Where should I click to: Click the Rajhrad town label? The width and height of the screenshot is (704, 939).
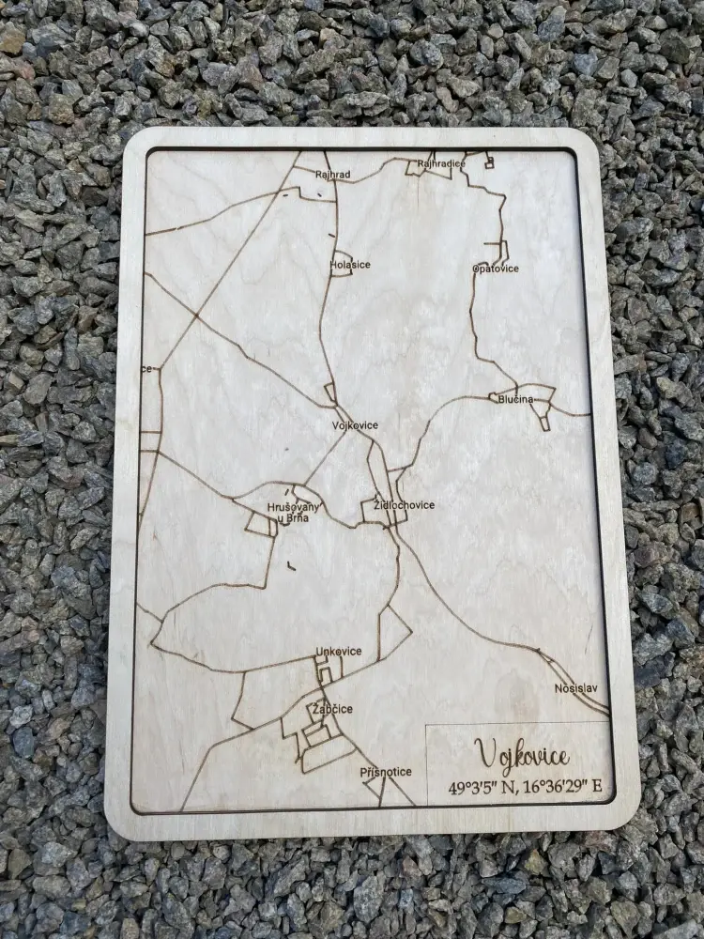point(333,174)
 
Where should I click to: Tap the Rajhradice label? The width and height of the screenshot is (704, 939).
point(441,163)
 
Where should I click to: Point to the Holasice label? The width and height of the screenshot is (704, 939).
point(351,265)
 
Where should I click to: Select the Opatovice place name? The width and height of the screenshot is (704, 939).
point(495,269)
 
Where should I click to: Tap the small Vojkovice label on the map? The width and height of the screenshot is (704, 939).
point(355,425)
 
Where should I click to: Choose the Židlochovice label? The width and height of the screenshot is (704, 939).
point(405,505)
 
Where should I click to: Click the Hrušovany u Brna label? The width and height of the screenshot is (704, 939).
point(293,513)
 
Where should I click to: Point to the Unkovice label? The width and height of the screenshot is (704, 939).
point(339,652)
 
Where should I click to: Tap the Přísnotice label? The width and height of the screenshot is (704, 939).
point(386,772)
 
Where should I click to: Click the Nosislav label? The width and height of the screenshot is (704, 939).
point(575,688)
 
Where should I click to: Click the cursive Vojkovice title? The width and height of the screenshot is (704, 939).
point(521,754)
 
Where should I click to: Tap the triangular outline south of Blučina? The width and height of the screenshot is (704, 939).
point(545,422)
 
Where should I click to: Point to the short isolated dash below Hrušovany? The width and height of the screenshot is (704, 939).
point(290,565)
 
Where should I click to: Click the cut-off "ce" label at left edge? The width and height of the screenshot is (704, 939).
point(146,369)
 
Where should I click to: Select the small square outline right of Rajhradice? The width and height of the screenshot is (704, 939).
point(488,162)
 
